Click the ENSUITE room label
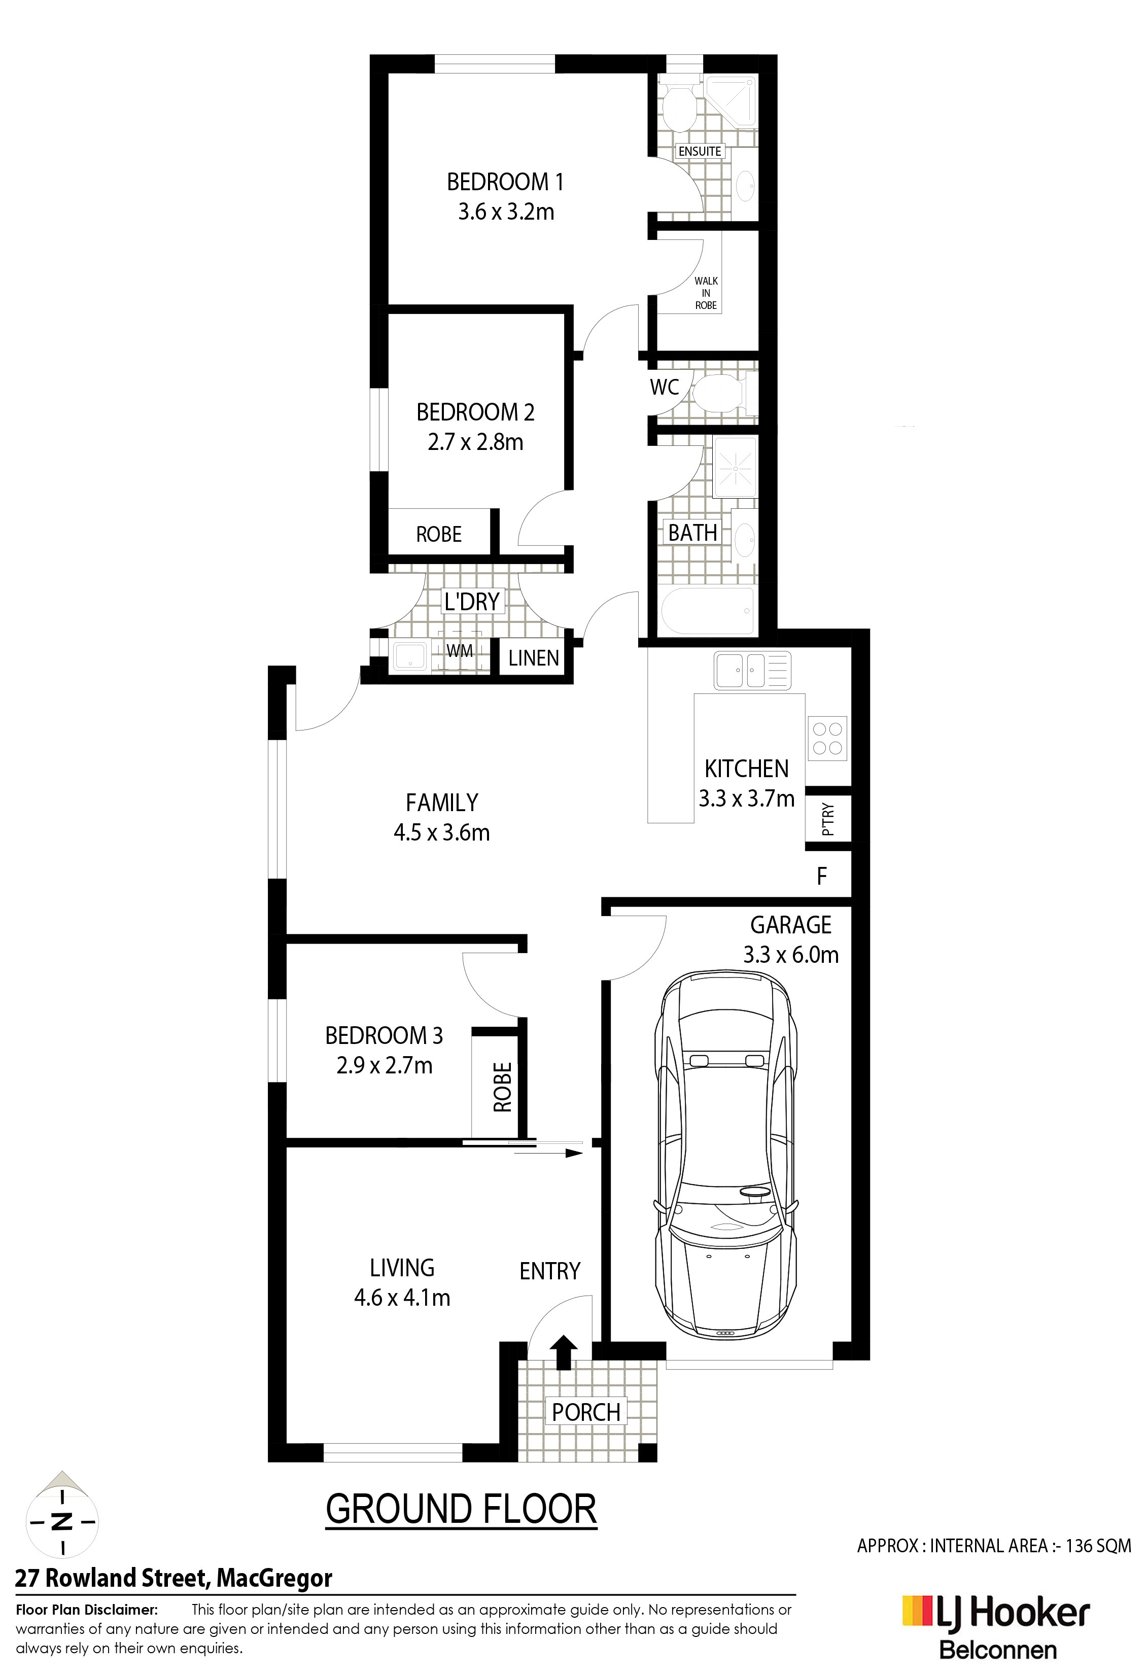tap(700, 151)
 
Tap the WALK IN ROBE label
tap(706, 293)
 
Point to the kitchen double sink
tap(752, 670)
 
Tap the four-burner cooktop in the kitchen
tap(827, 738)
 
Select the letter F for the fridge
tap(821, 876)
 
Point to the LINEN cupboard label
tap(533, 657)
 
